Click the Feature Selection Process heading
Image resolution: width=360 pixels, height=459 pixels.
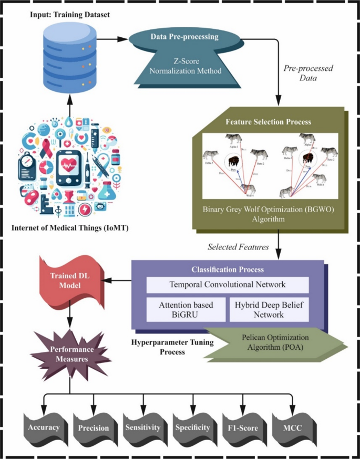[268, 121]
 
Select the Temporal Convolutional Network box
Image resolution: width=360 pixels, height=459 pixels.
[227, 285]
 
